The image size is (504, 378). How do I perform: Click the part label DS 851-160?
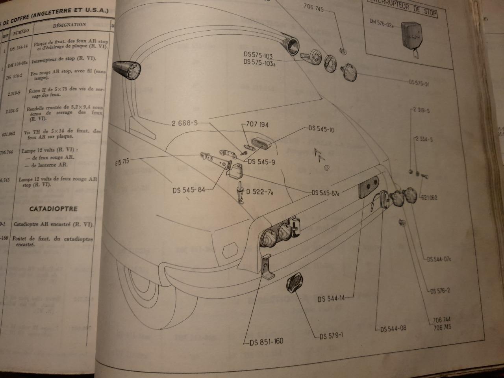pyautogui.click(x=266, y=341)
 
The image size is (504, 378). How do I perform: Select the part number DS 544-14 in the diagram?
pyautogui.click(x=331, y=298)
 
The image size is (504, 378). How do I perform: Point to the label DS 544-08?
pyautogui.click(x=393, y=328)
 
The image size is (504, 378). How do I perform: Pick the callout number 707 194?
pyautogui.click(x=257, y=124)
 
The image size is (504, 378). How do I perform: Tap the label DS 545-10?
pyautogui.click(x=321, y=129)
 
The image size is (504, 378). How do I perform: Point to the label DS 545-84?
pyautogui.click(x=189, y=190)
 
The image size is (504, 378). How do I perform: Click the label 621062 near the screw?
pyautogui.click(x=429, y=198)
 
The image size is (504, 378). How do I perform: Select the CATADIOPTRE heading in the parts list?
pyautogui.click(x=54, y=209)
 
